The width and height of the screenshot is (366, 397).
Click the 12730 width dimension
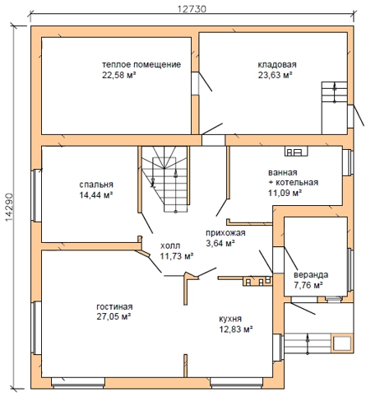point(192,9)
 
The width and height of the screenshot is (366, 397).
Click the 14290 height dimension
point(9,208)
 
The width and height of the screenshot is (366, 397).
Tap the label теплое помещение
point(141,64)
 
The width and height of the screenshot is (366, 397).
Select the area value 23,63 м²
point(275,75)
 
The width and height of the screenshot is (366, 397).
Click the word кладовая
point(277,64)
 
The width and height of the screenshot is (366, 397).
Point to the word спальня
point(96,184)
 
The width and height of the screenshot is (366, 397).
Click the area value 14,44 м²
point(96,195)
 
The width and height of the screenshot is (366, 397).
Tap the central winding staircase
point(164,180)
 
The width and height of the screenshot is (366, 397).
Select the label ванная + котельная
point(293,177)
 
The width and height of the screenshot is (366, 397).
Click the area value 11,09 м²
point(285,193)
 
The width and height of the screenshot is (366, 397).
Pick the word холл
point(170,245)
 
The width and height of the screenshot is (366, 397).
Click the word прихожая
point(225,233)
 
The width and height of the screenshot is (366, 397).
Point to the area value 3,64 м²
point(220,243)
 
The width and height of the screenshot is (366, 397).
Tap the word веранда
point(311,275)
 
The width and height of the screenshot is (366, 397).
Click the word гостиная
point(114,306)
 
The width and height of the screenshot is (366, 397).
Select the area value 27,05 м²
point(114,316)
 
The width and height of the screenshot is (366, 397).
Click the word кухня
point(230,319)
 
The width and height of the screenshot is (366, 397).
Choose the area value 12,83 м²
point(236,329)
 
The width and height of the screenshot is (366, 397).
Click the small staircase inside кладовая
point(335,91)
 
